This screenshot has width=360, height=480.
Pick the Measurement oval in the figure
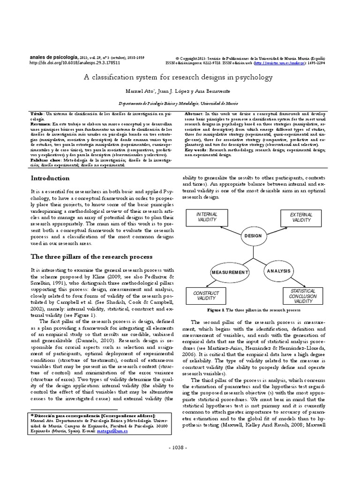point(229,272)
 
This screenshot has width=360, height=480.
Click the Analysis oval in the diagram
point(279,271)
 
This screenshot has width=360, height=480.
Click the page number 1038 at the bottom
point(180,461)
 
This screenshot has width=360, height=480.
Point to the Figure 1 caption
point(254,310)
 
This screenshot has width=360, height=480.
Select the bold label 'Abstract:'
point(195,114)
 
